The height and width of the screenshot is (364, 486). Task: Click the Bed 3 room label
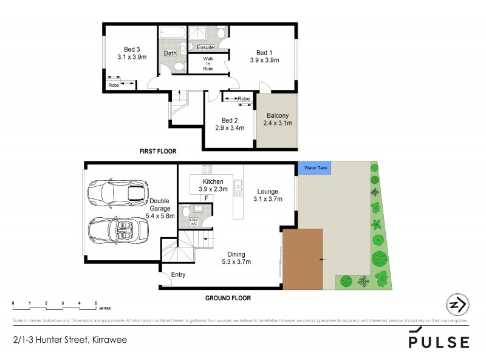tap(132, 50)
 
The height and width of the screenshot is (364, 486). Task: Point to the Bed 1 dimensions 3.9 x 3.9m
tap(264, 61)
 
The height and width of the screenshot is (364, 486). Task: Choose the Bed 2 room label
tap(229, 120)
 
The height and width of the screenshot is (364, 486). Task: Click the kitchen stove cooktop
tap(207, 169)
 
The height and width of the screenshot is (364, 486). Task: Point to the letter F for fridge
tap(207, 198)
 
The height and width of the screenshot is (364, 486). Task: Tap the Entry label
tap(178, 275)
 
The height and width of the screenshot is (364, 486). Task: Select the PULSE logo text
tap(439, 342)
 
